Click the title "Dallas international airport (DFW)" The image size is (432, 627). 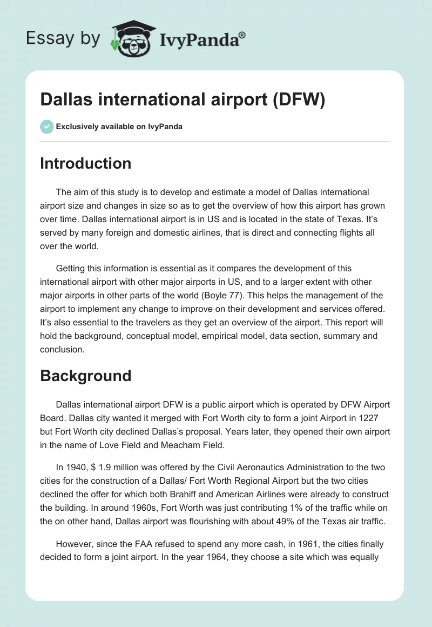pyautogui.click(x=183, y=101)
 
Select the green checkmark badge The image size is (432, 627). pyautogui.click(x=46, y=126)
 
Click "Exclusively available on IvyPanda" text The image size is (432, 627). pyautogui.click(x=119, y=127)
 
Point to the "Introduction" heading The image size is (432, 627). pyautogui.click(x=85, y=163)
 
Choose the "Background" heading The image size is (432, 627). pyautogui.click(x=85, y=376)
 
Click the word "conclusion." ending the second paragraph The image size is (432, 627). pyautogui.click(x=62, y=349)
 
